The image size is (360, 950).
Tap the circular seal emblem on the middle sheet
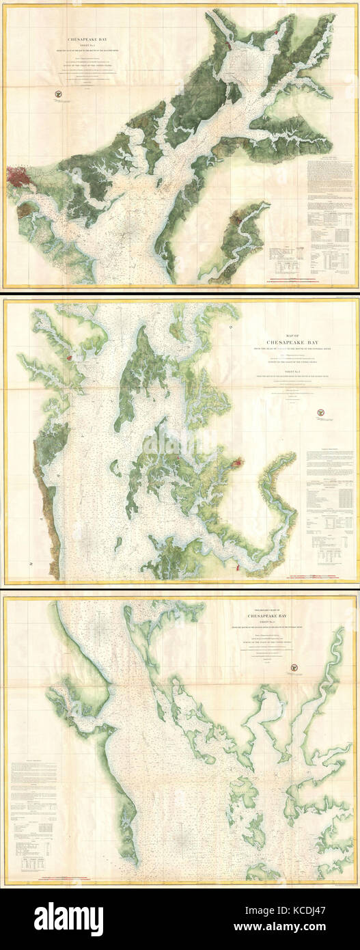(x=319, y=412)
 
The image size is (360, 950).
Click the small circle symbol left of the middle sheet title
(x=232, y=328)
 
